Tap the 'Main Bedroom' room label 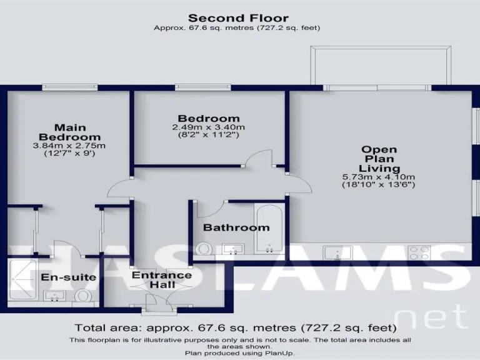pyautogui.click(x=69, y=132)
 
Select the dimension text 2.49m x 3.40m pyautogui.click(x=208, y=127)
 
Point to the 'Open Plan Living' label pyautogui.click(x=380, y=159)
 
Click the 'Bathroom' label pyautogui.click(x=236, y=227)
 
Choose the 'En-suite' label pyautogui.click(x=59, y=277)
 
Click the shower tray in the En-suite pyautogui.click(x=22, y=280)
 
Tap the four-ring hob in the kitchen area pyautogui.click(x=418, y=252)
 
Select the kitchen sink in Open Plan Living pyautogui.click(x=337, y=252)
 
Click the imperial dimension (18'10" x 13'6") pyautogui.click(x=380, y=185)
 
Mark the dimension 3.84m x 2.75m pyautogui.click(x=69, y=146)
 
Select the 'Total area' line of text pyautogui.click(x=235, y=327)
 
